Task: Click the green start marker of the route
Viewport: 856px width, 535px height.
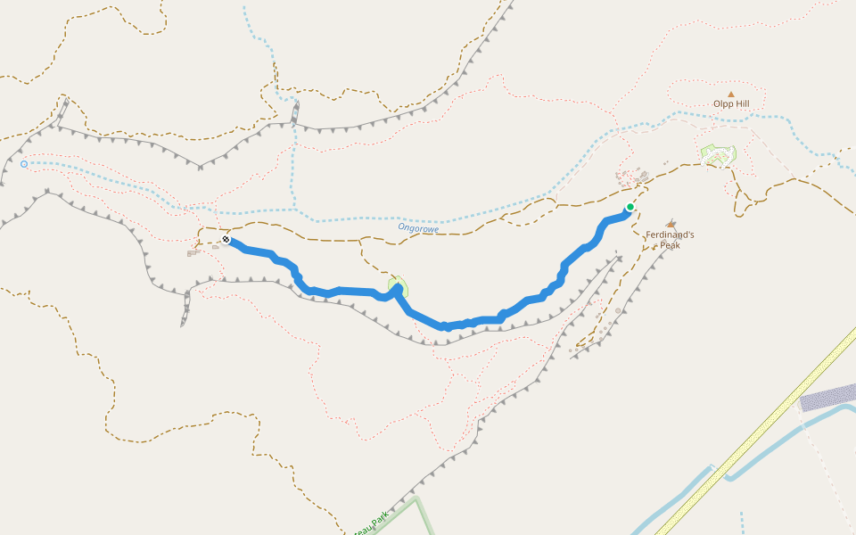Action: [630, 207]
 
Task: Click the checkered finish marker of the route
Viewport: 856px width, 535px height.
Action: [226, 239]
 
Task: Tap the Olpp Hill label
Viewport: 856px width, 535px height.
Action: [731, 104]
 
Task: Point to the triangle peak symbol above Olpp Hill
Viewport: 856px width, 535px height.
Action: [731, 94]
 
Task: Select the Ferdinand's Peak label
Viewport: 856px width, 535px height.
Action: [670, 240]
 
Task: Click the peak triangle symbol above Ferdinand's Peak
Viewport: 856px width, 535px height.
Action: [671, 224]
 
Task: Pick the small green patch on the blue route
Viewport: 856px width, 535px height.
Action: [398, 287]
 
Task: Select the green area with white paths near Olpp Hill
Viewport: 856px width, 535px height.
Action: [718, 154]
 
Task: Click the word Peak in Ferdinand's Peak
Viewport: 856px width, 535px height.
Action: [670, 245]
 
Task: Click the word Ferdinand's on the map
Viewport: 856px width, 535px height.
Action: [670, 235]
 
